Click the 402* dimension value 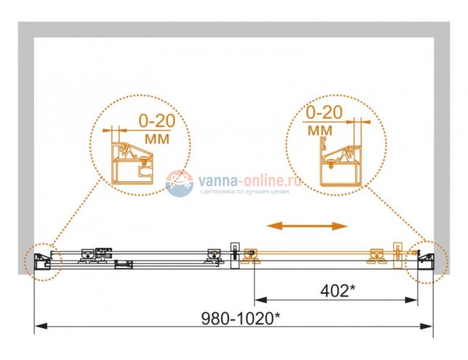pyautogui.click(x=338, y=291)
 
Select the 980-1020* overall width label pyautogui.click(x=241, y=318)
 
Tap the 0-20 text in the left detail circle pyautogui.click(x=157, y=120)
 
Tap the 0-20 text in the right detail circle pyautogui.click(x=325, y=112)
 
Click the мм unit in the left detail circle pyautogui.click(x=157, y=139)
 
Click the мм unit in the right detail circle pyautogui.click(x=320, y=130)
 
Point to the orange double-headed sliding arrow pyautogui.click(x=307, y=226)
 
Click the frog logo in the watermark pyautogui.click(x=180, y=184)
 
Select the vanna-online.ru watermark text pyautogui.click(x=250, y=181)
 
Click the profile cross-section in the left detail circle pyautogui.click(x=133, y=163)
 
